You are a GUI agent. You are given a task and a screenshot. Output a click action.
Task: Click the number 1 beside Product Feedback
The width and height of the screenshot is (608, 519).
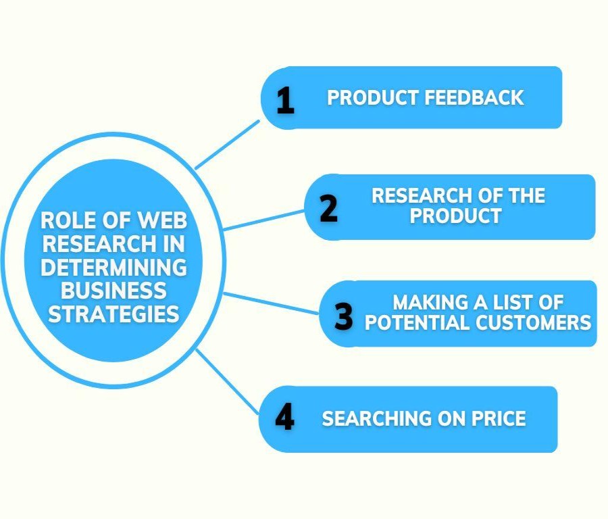coord(286,100)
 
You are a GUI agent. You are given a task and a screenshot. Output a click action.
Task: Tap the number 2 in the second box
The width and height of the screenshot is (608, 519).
coord(329,208)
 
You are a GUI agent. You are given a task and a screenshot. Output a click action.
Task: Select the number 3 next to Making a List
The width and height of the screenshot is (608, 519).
coord(344,316)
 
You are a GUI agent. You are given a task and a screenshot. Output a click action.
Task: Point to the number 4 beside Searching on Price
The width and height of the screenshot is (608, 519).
coord(284,417)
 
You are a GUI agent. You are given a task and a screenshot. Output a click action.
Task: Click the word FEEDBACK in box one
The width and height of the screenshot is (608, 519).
coord(474,97)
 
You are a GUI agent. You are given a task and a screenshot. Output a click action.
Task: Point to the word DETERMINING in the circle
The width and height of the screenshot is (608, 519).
coord(113,267)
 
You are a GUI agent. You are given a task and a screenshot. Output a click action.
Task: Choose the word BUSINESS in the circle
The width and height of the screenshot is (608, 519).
coord(113,291)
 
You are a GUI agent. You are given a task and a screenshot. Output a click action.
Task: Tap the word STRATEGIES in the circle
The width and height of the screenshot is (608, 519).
coord(113,314)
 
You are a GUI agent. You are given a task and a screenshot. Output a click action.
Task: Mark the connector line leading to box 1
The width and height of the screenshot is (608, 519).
coord(227,145)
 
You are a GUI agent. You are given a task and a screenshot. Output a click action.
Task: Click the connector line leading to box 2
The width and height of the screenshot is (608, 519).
coord(263,220)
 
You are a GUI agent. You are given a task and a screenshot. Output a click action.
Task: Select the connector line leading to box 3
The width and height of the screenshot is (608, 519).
coord(271,303)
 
